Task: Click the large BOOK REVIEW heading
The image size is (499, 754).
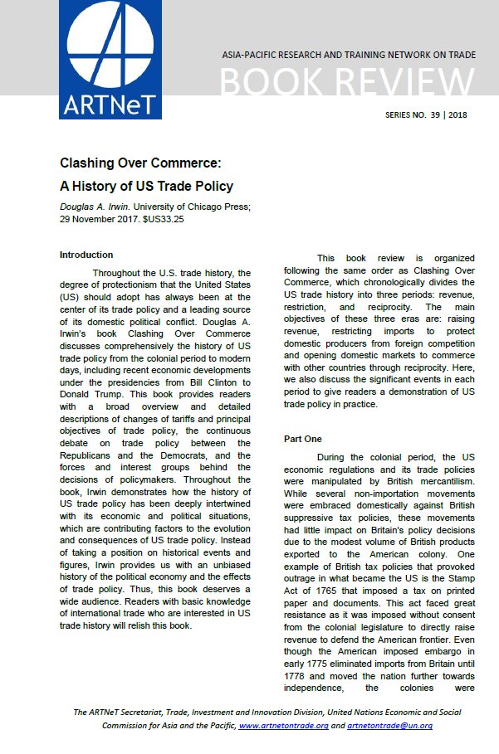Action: [x=348, y=83]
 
